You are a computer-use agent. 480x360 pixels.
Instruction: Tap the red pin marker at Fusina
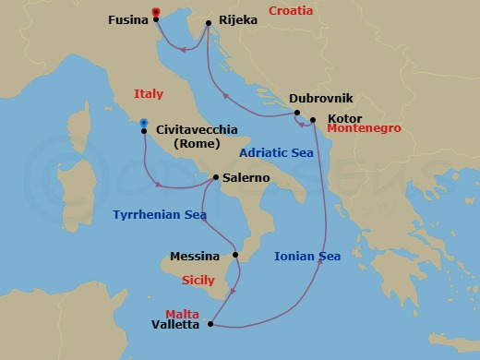(156, 12)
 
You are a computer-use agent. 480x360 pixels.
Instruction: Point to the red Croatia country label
(291, 11)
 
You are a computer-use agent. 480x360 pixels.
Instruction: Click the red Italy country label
(148, 94)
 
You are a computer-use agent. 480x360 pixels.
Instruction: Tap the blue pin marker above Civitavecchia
(143, 122)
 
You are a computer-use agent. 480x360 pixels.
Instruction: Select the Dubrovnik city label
(320, 98)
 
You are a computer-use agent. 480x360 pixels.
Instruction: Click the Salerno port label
(246, 177)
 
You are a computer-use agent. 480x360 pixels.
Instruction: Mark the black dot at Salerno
(215, 177)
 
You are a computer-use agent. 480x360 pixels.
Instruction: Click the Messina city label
(195, 256)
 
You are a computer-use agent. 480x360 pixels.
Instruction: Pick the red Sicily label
(198, 278)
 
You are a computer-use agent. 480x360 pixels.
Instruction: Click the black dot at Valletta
(211, 324)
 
